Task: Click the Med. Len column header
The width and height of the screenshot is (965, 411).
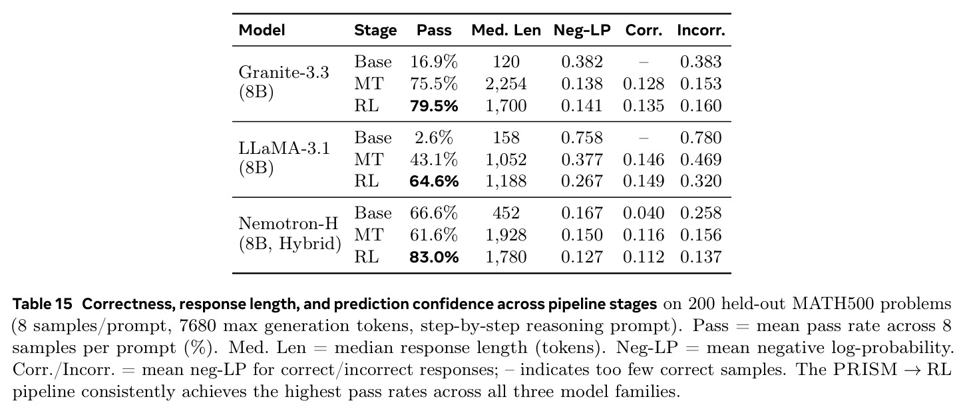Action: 506,30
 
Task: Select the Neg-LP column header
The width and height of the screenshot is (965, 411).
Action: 582,30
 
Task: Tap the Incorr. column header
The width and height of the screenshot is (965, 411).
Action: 701,30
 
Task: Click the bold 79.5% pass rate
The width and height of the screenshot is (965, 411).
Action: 434,106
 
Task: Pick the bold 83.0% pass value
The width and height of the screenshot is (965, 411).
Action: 434,257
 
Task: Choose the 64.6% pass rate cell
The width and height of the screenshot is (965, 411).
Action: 434,181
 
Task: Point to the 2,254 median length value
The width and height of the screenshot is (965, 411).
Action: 506,84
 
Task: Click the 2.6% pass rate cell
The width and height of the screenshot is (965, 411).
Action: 434,138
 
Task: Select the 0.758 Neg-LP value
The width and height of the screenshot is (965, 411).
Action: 582,138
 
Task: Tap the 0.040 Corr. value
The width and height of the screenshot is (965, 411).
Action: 643,213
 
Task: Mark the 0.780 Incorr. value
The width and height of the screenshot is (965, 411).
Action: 701,138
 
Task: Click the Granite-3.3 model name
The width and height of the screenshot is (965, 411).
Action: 284,72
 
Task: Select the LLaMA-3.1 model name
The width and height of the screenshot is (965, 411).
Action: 284,148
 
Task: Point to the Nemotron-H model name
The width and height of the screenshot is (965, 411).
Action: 288,223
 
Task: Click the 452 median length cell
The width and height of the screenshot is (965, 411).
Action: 506,213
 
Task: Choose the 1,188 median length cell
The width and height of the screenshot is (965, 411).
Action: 506,181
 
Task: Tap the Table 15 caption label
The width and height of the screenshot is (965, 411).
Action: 42,304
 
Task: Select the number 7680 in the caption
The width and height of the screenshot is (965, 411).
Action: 197,326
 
